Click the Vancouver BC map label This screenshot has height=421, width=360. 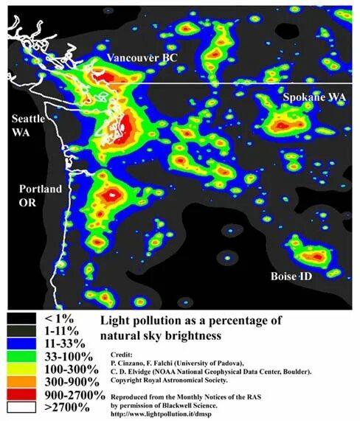142,58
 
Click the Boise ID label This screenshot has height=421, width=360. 294,276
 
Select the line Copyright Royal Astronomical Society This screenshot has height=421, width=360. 177,379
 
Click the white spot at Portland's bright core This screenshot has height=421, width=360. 112,195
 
